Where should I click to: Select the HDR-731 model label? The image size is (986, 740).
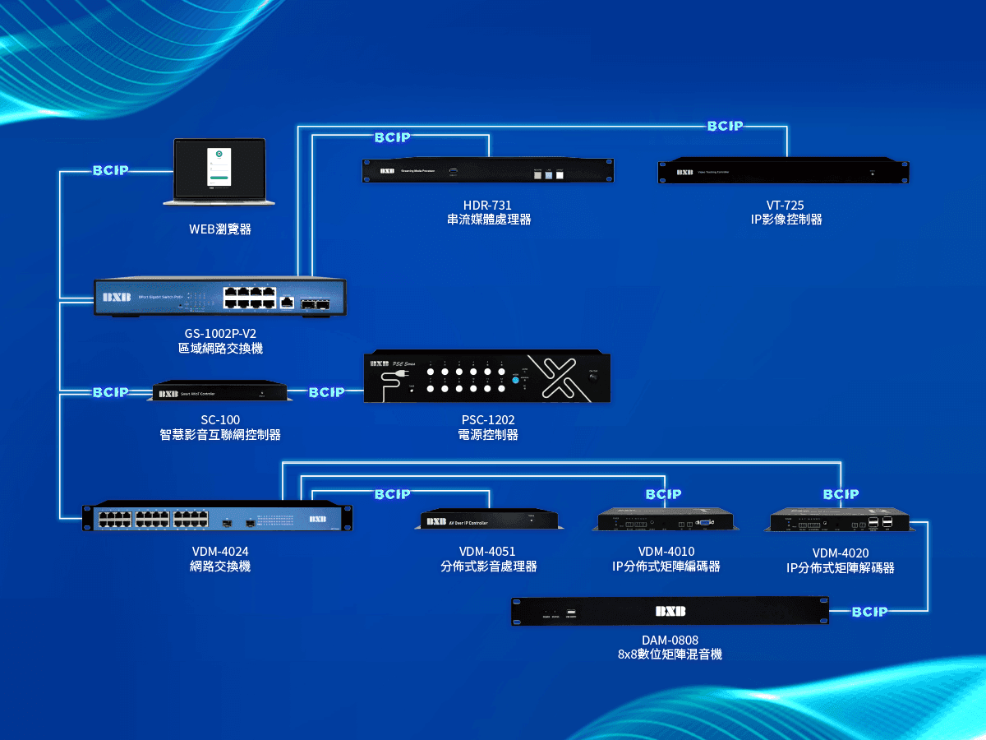[x=488, y=205]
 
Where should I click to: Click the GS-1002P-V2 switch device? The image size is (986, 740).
[x=219, y=298]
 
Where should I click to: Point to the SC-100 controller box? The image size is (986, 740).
[x=222, y=392]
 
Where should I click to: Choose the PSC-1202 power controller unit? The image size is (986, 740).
[x=487, y=378]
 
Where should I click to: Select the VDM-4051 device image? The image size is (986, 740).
[x=490, y=520]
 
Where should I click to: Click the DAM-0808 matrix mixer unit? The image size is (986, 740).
[x=669, y=612]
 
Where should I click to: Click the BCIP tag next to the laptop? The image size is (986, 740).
[x=110, y=171]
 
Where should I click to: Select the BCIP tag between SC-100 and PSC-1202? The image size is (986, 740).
[x=326, y=392]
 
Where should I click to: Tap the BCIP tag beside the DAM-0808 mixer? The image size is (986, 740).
[x=869, y=612]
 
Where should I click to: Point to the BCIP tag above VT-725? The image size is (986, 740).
[x=725, y=126]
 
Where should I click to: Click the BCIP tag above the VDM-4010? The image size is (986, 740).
[x=663, y=494]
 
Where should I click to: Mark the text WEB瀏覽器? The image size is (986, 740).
[x=219, y=229]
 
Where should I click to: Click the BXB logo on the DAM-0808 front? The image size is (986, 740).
[x=670, y=611]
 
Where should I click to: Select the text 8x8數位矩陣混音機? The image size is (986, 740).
[x=670, y=655]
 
